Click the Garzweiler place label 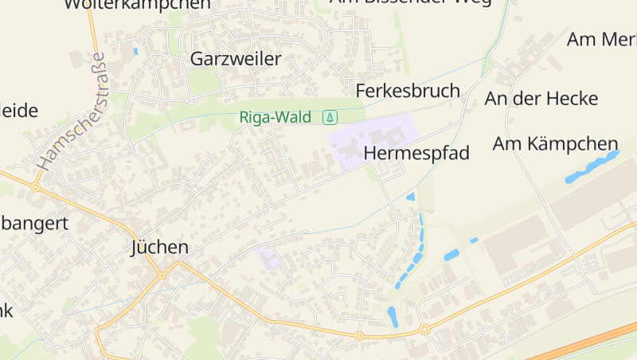point(236,59)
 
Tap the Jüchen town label point(159,248)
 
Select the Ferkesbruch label point(408,91)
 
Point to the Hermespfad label point(416,153)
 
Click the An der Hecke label point(541,99)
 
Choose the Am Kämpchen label point(555,144)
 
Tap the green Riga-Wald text point(276,118)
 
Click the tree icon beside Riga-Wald point(330,118)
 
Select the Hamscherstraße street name point(71,112)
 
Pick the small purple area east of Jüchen point(268,258)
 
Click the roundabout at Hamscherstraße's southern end point(35,187)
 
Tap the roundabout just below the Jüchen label point(162,276)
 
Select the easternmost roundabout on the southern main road point(424,329)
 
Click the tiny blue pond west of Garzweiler point(135,52)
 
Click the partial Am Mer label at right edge point(601,39)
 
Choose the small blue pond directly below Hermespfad point(411,196)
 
